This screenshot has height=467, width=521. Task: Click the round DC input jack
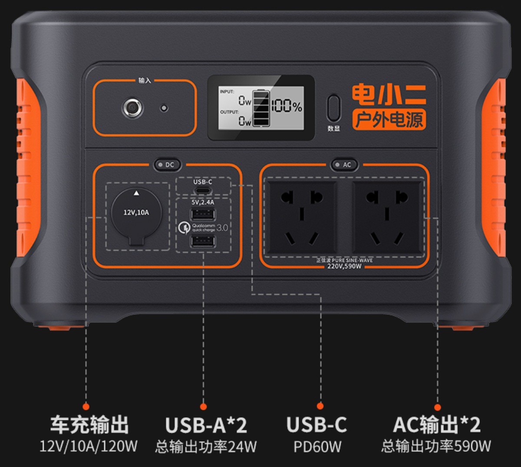133,107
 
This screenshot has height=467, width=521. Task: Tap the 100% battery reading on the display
287,106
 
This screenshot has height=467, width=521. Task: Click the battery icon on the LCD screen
261,108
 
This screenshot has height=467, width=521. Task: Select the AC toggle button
343,165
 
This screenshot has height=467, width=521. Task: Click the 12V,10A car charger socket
137,215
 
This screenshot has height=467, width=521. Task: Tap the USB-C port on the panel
203,190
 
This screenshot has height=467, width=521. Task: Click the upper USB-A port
203,215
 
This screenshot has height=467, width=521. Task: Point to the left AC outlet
302,217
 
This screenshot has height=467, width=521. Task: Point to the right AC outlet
386,217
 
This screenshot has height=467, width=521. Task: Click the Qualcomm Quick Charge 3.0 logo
203,227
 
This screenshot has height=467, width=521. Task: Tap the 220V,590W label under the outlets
344,266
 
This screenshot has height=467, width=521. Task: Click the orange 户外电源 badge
389,120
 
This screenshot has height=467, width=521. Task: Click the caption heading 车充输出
89,424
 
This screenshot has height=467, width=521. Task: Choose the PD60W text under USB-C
317,447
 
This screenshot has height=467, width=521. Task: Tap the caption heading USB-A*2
206,424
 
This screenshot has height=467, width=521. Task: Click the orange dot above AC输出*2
438,407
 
